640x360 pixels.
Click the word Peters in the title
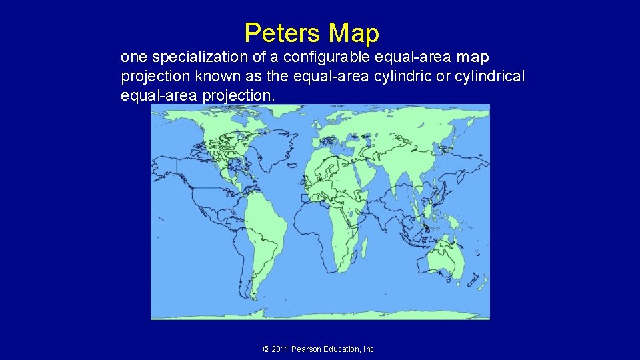pyautogui.click(x=283, y=33)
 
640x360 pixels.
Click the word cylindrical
pyautogui.click(x=490, y=77)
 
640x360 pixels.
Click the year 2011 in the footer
pyautogui.click(x=280, y=349)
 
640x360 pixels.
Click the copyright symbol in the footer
pyautogui.click(x=266, y=349)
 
